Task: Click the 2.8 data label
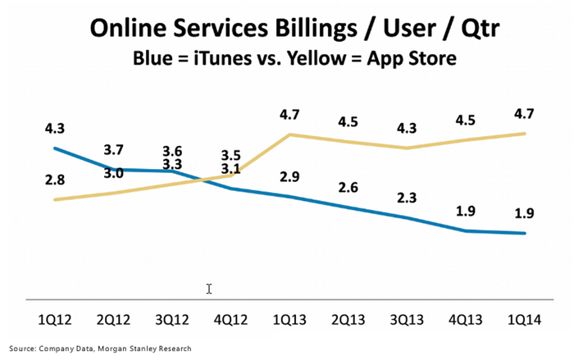(x=54, y=179)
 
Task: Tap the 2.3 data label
(x=408, y=197)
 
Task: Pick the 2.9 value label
(x=289, y=177)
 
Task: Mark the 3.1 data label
(x=230, y=170)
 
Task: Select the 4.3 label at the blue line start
(x=54, y=128)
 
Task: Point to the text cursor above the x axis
(x=209, y=289)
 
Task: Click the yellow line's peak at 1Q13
(x=289, y=134)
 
